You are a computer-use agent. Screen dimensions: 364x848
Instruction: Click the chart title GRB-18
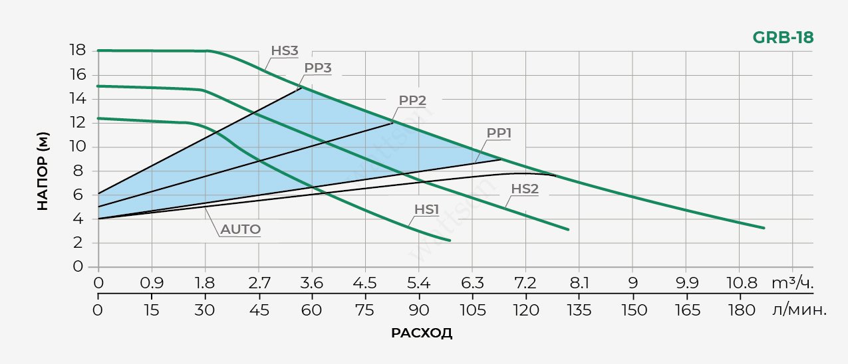click(783, 38)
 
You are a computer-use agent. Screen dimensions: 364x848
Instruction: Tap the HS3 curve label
click(284, 50)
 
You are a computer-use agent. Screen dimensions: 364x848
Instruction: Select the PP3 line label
click(318, 68)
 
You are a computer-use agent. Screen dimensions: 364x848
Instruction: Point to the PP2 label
click(412, 101)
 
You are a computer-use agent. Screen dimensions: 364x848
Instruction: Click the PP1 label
click(499, 133)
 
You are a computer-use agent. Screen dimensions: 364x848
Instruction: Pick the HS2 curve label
click(525, 188)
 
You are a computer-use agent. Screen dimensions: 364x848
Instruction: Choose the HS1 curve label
click(427, 209)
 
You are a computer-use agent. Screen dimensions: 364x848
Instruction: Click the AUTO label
click(241, 230)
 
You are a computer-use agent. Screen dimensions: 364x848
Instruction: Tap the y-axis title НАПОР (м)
click(43, 172)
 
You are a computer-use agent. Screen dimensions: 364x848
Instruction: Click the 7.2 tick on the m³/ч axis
click(525, 282)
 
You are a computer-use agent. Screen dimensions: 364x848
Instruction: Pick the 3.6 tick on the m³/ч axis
click(311, 282)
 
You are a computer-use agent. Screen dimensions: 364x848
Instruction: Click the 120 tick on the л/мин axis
click(525, 310)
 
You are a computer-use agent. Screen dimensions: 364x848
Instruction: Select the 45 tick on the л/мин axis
click(258, 310)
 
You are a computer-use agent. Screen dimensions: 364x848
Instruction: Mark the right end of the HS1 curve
click(450, 240)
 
